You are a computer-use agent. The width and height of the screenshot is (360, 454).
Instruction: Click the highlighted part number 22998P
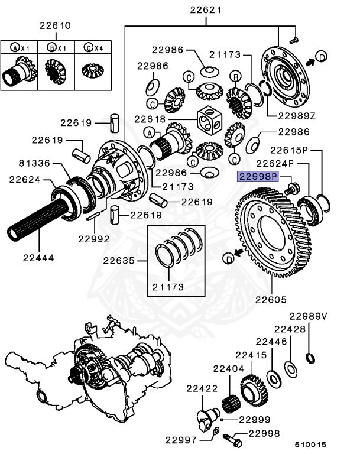[257, 176]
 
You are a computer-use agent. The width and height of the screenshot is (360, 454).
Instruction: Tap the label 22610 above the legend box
[55, 26]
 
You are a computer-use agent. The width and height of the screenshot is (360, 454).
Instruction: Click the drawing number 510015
[310, 444]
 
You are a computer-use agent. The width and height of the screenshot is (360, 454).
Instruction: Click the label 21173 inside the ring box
[169, 287]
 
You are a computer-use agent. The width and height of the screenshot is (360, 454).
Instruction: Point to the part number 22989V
[308, 316]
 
